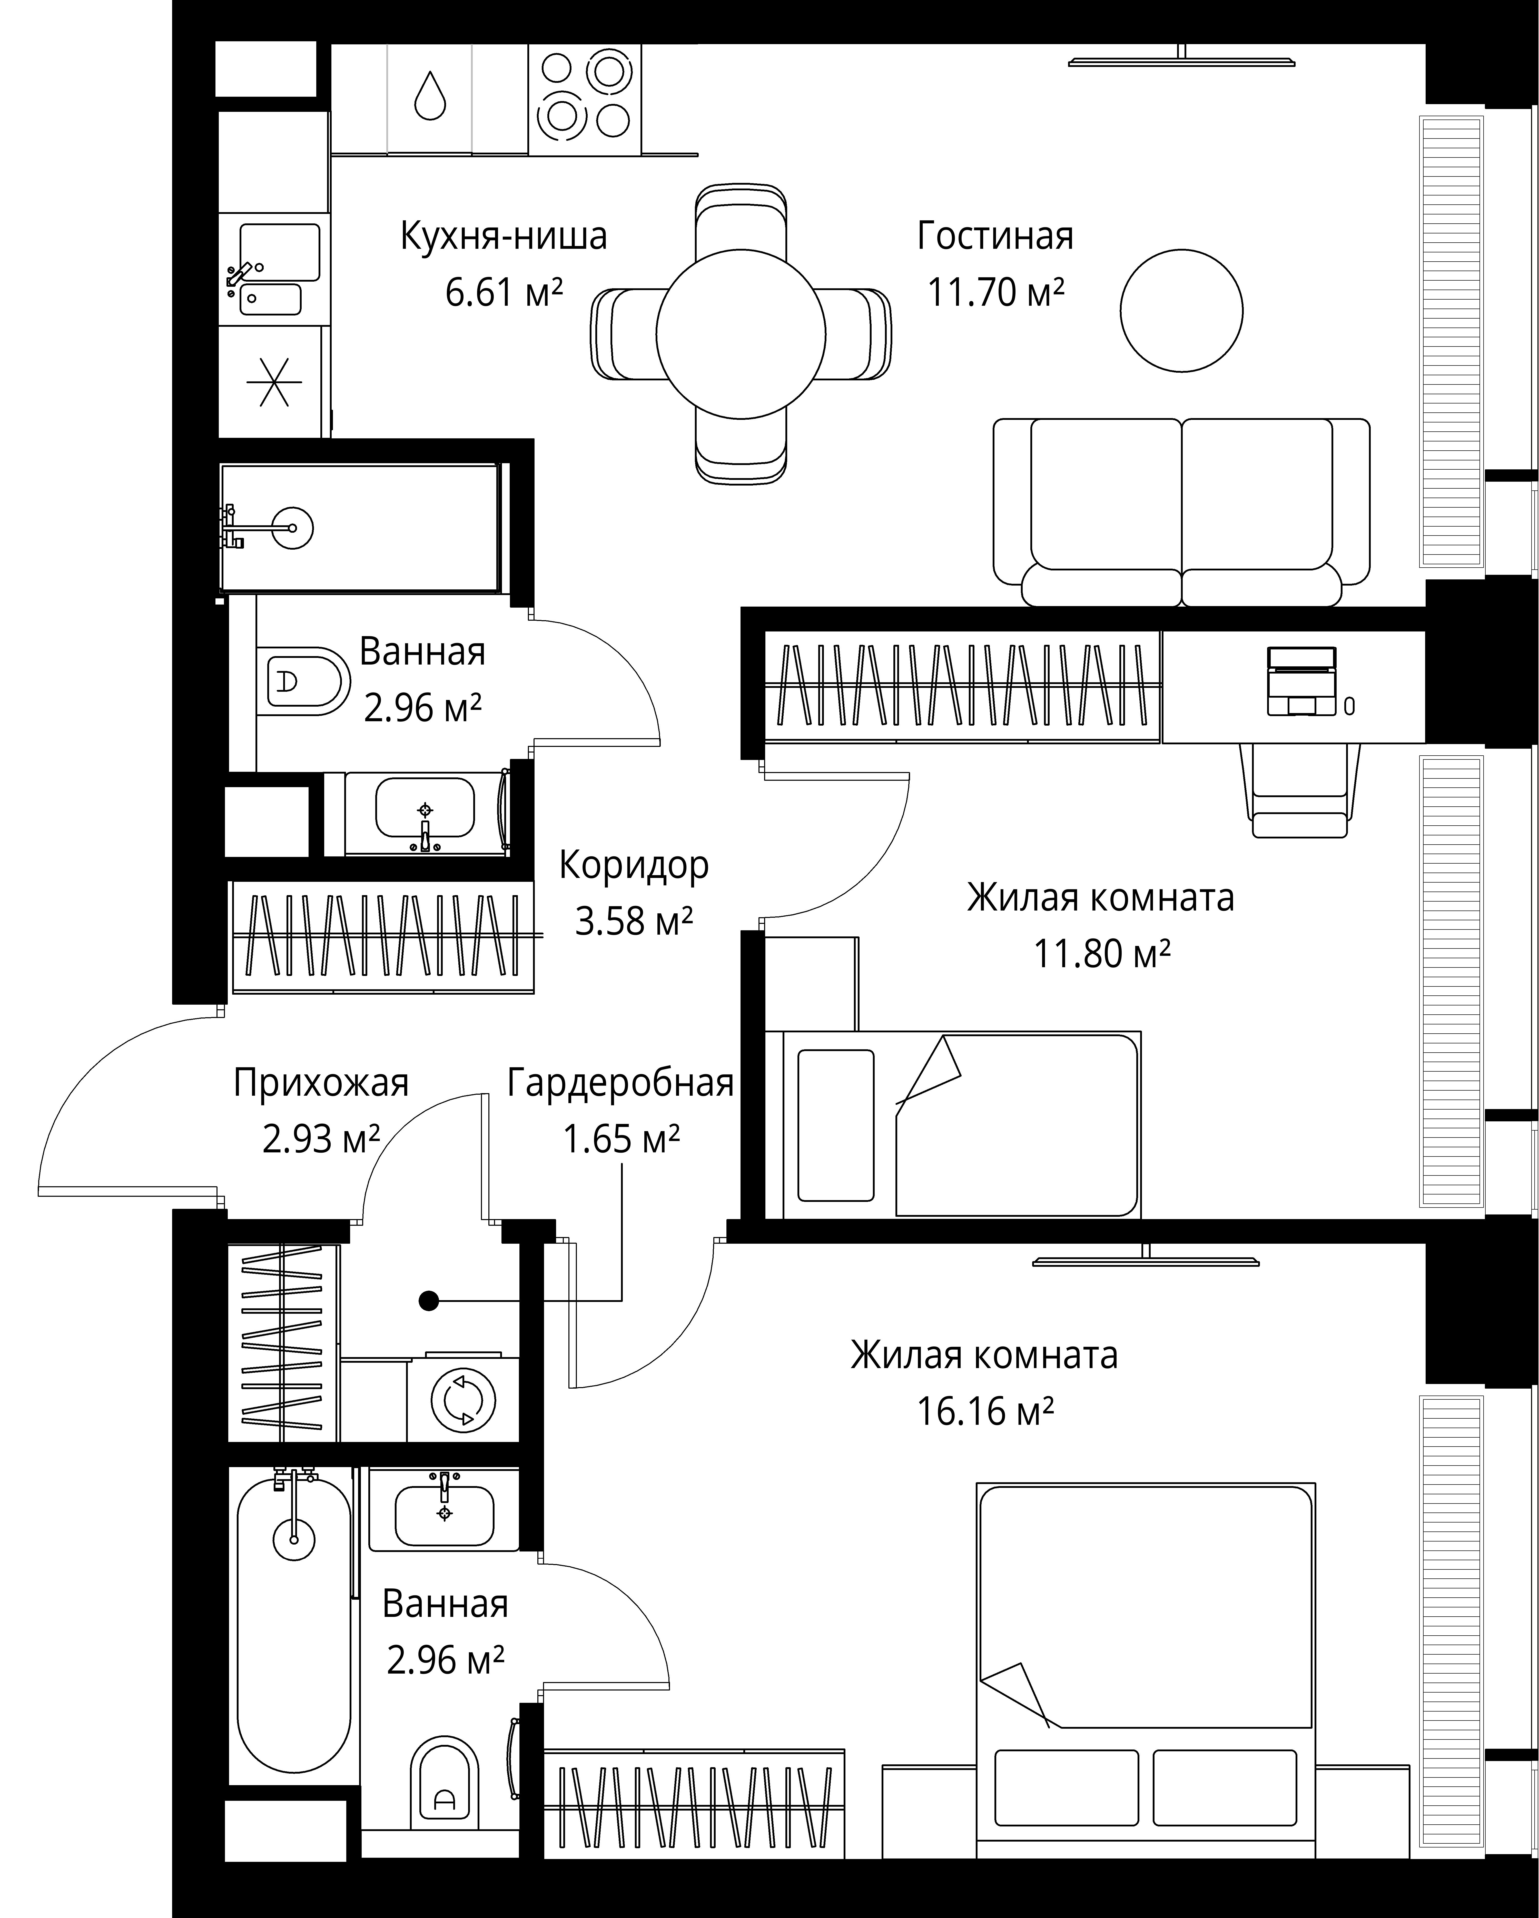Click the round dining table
click(741, 334)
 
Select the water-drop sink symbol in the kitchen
click(431, 95)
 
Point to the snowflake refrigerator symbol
click(274, 382)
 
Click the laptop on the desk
click(1301, 680)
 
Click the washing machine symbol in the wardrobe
click(462, 1400)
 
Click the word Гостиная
click(995, 236)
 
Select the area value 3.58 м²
click(633, 921)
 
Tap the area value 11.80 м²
click(1101, 954)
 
